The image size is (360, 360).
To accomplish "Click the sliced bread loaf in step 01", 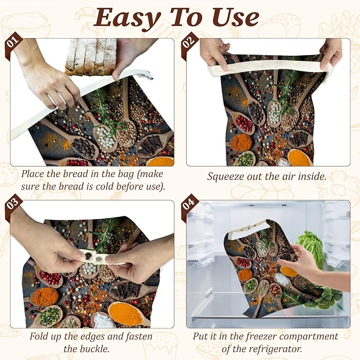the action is pos(91,57).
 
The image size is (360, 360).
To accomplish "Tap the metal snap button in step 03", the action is pos(99,259).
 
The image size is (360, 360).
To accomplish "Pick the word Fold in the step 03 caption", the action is pos(38,337).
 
